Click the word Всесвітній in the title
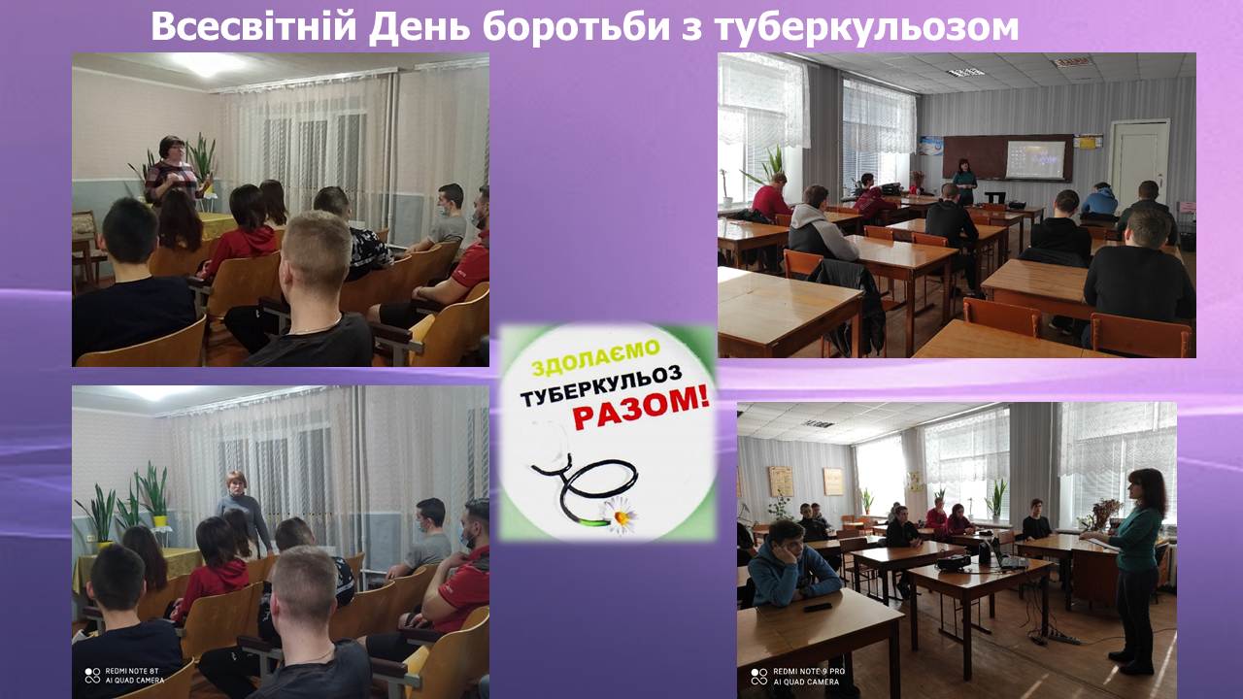253,26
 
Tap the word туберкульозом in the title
867,26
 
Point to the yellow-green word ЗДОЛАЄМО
595,358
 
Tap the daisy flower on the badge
619,516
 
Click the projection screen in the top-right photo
1035,160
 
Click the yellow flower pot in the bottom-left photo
160,521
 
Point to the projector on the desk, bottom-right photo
954,562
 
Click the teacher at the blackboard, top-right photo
964,182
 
